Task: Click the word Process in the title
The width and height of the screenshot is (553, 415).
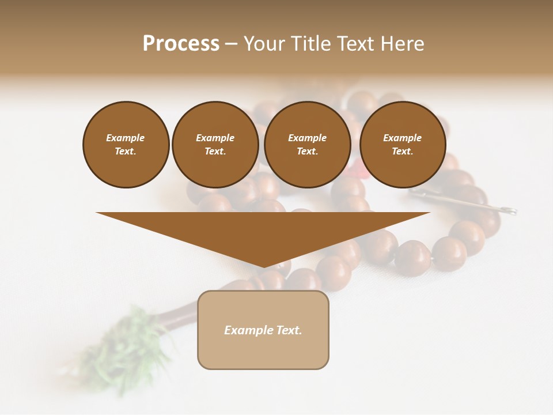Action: (181, 43)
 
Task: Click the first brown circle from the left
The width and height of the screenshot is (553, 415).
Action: (126, 145)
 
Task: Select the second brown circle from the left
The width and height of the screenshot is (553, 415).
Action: (215, 145)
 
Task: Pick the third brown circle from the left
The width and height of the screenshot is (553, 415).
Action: (308, 145)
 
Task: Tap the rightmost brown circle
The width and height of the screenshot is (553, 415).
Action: (403, 145)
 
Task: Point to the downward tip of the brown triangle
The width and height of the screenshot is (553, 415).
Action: (263, 266)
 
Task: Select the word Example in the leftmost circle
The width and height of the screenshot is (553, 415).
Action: (126, 138)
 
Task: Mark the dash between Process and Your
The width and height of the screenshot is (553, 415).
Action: (231, 43)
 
